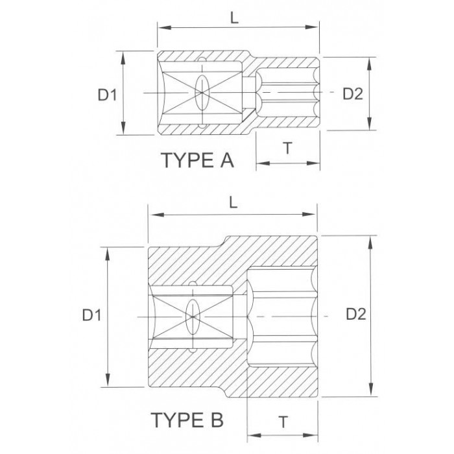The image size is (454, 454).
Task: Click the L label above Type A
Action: (234, 18)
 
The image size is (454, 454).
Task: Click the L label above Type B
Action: (233, 203)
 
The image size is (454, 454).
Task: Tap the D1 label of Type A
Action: (107, 95)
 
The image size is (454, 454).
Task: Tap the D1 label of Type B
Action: (91, 315)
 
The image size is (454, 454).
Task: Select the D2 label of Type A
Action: (353, 94)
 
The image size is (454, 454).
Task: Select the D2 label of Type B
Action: (356, 314)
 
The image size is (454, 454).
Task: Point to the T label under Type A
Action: (287, 148)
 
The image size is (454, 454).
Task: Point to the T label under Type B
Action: (283, 422)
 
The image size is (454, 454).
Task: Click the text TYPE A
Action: (197, 160)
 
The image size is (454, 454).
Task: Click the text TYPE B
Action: (187, 420)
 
